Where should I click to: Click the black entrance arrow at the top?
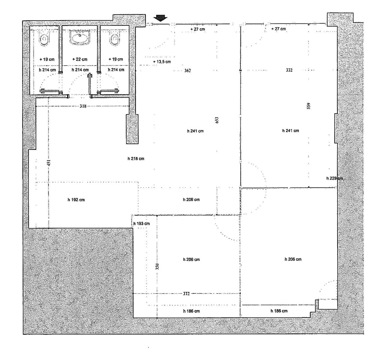pyautogui.click(x=160, y=18)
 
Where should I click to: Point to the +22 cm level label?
pyautogui.click(x=80, y=59)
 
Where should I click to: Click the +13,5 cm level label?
pyautogui.click(x=162, y=62)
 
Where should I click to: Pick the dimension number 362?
pyautogui.click(x=187, y=70)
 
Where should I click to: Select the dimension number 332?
pyautogui.click(x=289, y=70)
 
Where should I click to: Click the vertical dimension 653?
pyautogui.click(x=217, y=120)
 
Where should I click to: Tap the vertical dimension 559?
pyautogui.click(x=309, y=106)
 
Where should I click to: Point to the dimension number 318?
pyautogui.click(x=83, y=106)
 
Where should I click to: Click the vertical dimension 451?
pyautogui.click(x=49, y=163)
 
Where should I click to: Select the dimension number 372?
pyautogui.click(x=186, y=294)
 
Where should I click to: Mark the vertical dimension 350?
pyautogui.click(x=157, y=267)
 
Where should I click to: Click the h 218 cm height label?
pyautogui.click(x=136, y=159)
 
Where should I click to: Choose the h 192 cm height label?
pyautogui.click(x=76, y=200)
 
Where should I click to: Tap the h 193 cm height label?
pyautogui.click(x=141, y=223)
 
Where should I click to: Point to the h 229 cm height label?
pyautogui.click(x=335, y=178)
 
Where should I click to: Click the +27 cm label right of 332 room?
pyautogui.click(x=279, y=29)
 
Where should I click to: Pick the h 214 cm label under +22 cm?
pyautogui.click(x=80, y=70)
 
